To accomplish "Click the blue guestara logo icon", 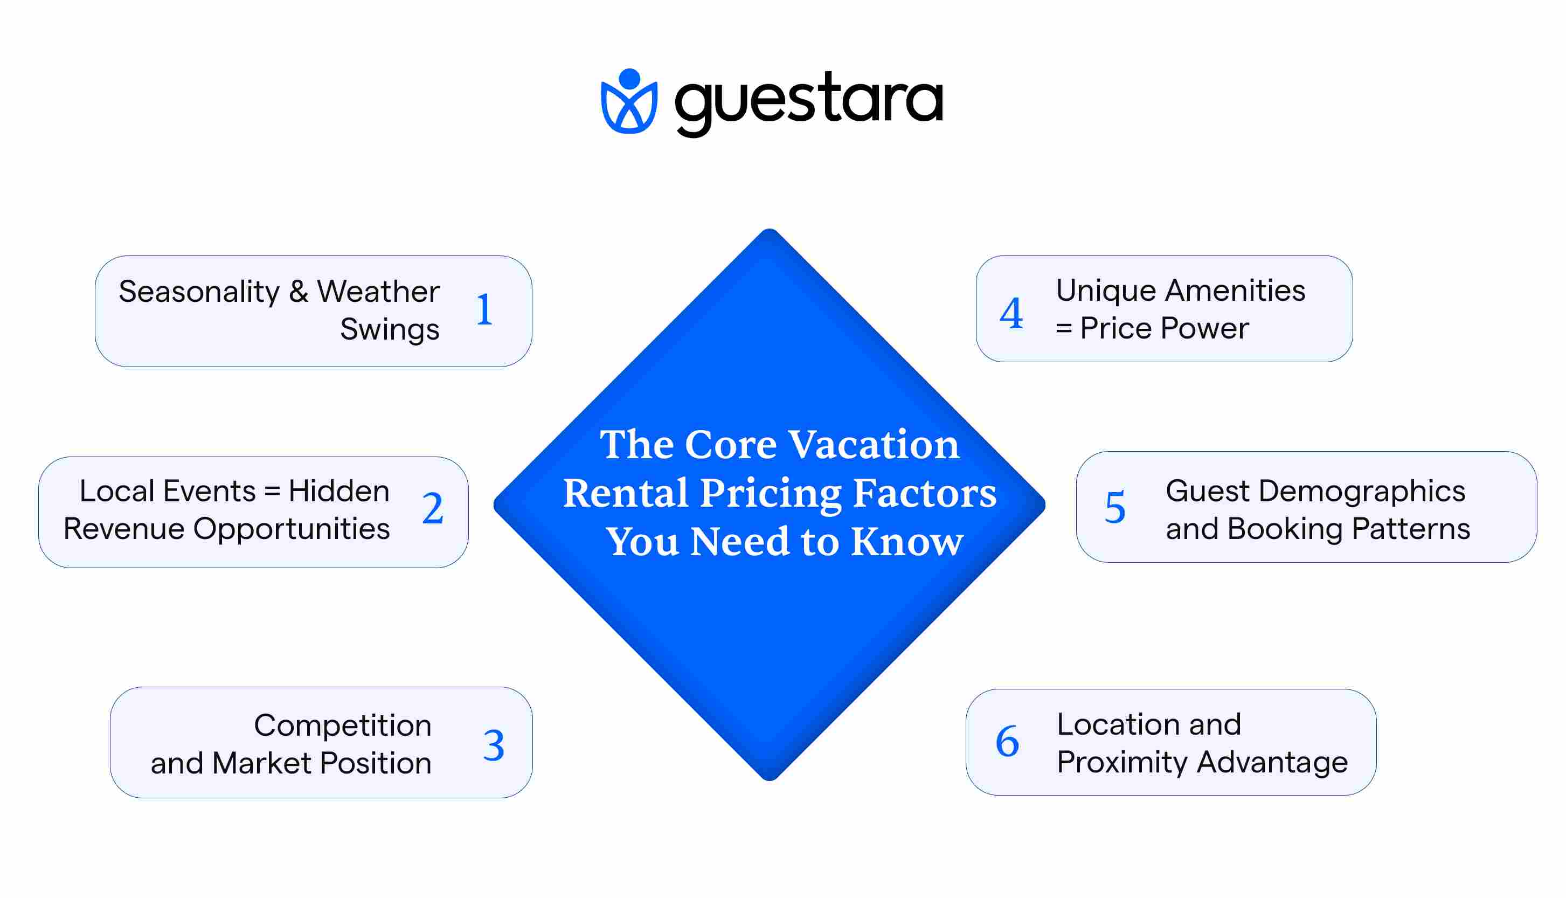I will click(x=629, y=102).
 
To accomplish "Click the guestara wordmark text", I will click(x=809, y=102).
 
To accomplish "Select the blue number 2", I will click(x=433, y=509).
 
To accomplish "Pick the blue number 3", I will click(x=493, y=745).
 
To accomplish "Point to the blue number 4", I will click(x=1011, y=313).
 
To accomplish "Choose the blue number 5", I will click(x=1115, y=508).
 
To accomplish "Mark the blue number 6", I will click(x=1007, y=741).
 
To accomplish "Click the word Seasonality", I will click(x=198, y=292).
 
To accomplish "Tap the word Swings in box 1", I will click(x=390, y=329).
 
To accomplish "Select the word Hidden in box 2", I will click(x=338, y=492).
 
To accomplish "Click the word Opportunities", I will click(x=291, y=529).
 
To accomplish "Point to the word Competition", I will click(x=342, y=726).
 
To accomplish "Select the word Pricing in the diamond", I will click(x=771, y=493).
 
